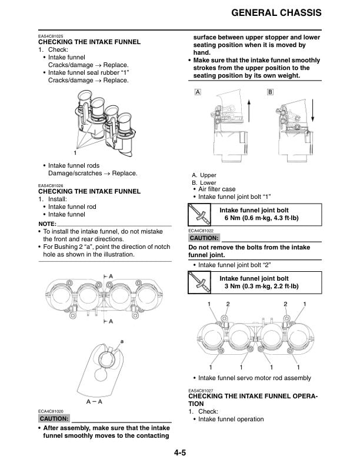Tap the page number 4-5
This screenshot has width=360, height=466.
click(179, 452)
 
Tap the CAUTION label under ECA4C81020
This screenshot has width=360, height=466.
click(54, 418)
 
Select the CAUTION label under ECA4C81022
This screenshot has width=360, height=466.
click(204, 238)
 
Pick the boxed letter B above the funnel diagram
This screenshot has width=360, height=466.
click(270, 93)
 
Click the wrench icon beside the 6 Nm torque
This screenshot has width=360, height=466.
click(198, 214)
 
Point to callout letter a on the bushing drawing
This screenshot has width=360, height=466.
click(122, 341)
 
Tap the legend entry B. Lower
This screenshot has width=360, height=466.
click(204, 183)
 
